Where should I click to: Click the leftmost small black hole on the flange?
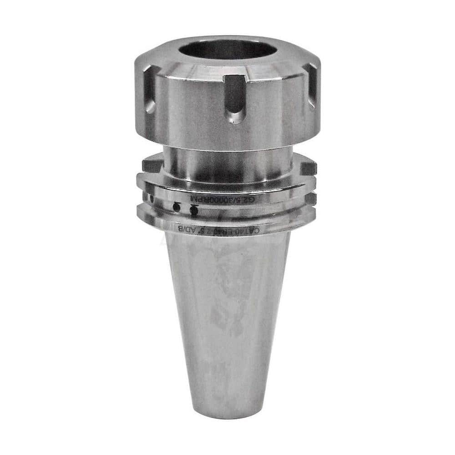tap(152, 198)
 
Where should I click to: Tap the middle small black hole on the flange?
tap(176, 207)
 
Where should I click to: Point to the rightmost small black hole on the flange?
tap(194, 211)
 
